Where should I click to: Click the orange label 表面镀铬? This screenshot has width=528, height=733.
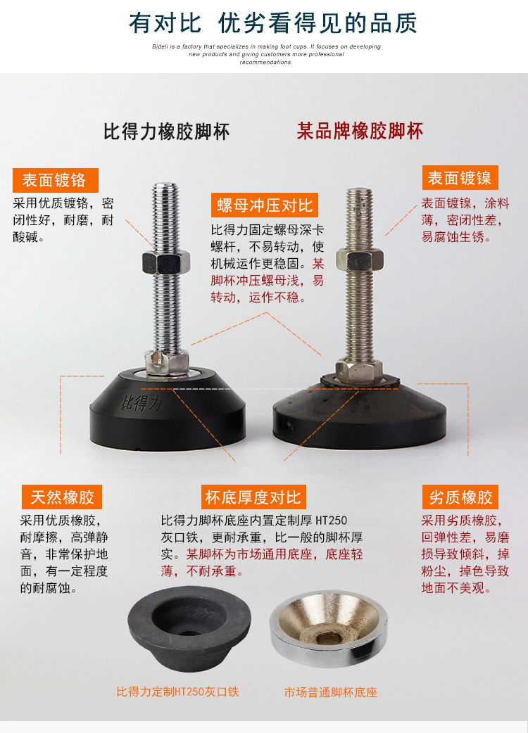tap(55, 180)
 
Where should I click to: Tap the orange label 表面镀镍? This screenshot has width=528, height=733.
tap(460, 177)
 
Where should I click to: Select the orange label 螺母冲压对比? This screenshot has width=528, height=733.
tap(265, 206)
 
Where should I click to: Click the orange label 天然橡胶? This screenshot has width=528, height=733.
tap(62, 497)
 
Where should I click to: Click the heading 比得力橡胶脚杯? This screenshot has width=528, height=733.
tap(166, 132)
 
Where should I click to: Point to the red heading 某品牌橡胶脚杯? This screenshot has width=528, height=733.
tap(360, 132)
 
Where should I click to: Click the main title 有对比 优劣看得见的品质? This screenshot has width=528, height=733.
tap(273, 23)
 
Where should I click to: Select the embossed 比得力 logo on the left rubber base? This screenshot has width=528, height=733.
tap(141, 403)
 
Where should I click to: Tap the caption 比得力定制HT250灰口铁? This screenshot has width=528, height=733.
tap(178, 691)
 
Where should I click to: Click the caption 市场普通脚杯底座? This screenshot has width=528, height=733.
tap(331, 692)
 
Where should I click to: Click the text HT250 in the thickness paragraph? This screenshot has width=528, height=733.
tap(331, 521)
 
